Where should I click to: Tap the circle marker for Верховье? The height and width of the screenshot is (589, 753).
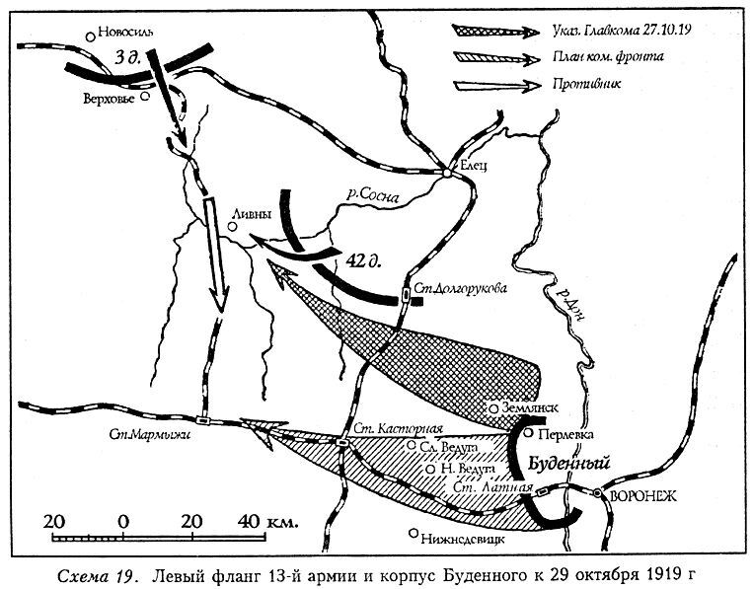coord(145,97)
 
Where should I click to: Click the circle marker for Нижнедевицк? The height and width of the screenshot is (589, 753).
coord(414,532)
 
